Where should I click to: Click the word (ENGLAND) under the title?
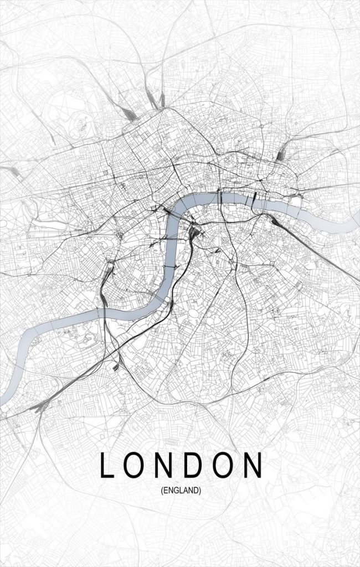coord(181,490)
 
